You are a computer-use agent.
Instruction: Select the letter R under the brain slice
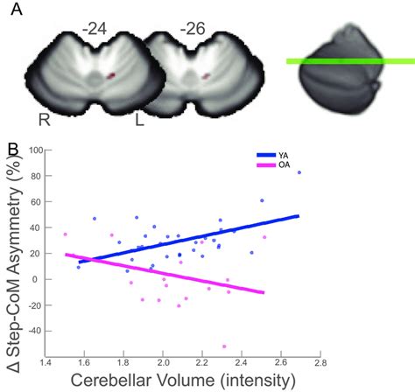pyautogui.click(x=43, y=118)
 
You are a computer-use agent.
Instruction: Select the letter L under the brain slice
pyautogui.click(x=139, y=119)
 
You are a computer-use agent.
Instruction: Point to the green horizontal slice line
pyautogui.click(x=349, y=61)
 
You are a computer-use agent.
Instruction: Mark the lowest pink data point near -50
pyautogui.click(x=273, y=346)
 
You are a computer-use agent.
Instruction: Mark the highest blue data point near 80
pyautogui.click(x=299, y=173)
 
